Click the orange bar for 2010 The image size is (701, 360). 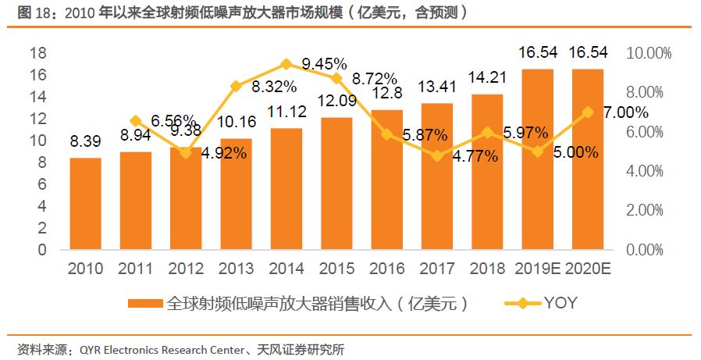pos(85,204)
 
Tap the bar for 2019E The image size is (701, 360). pos(537,159)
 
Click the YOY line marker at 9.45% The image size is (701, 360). pos(286,64)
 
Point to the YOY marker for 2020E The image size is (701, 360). pos(588,112)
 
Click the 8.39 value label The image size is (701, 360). pos(85,143)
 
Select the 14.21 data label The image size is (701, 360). pos(487,78)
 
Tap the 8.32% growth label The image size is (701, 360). pos(273,87)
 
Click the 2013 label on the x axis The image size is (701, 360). pos(236,269)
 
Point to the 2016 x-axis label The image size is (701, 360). pos(386,269)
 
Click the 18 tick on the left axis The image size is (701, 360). pos(37,53)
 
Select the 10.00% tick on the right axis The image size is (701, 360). pos(649,53)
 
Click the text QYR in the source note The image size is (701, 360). pos(93,349)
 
